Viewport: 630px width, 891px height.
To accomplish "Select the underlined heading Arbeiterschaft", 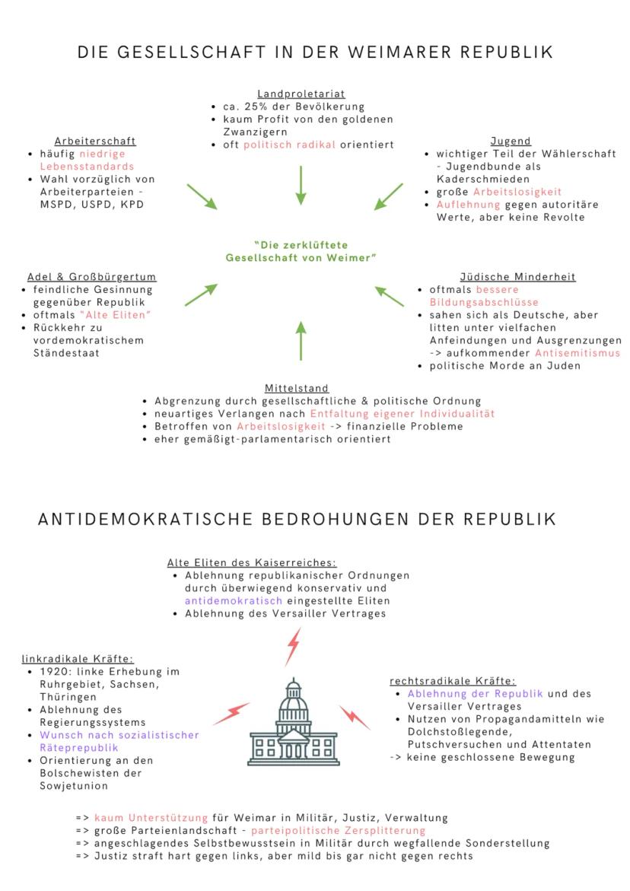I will [x=95, y=141].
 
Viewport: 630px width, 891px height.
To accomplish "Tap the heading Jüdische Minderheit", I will [x=517, y=276].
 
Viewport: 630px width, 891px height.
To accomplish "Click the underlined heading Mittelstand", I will [x=297, y=388].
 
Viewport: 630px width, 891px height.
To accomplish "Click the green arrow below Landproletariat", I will [x=301, y=185].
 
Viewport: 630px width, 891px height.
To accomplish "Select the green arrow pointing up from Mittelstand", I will [x=301, y=340].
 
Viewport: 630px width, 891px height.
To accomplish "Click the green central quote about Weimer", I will [x=302, y=252].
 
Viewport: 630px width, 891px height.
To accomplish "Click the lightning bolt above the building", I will [x=292, y=648].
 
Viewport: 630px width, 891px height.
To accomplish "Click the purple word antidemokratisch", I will [x=233, y=600].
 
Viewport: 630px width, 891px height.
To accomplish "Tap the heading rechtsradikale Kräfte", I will [x=452, y=681].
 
